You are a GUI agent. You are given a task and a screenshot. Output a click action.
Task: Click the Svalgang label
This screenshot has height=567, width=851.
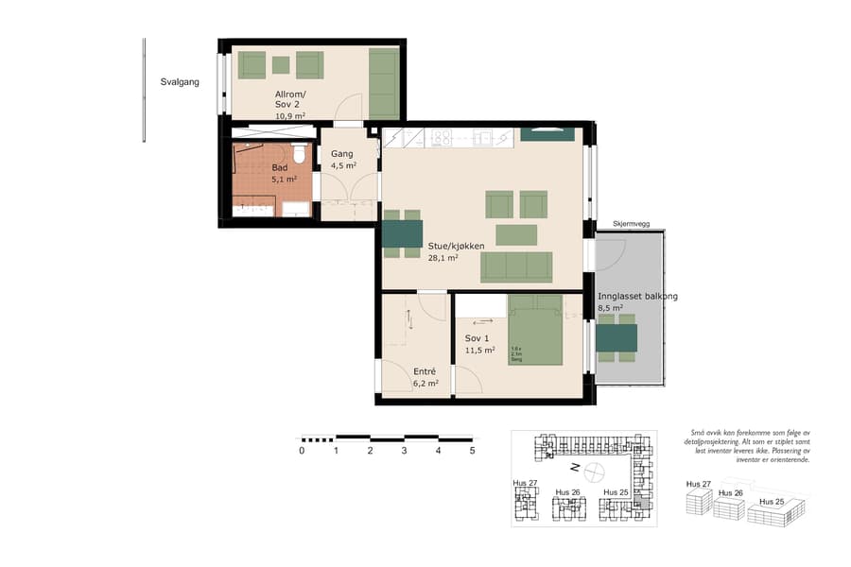180,82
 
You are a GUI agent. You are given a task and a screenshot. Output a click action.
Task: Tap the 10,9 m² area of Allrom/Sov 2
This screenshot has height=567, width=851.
290,116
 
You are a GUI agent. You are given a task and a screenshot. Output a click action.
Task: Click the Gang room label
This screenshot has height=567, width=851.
341,153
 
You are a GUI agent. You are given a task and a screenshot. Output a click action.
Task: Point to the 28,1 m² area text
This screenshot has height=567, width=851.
443,257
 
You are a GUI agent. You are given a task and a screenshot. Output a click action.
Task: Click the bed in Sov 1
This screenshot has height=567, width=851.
535,331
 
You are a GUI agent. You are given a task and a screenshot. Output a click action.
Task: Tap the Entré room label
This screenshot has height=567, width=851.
424,371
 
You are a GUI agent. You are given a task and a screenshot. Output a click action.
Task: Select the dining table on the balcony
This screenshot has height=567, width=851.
617,337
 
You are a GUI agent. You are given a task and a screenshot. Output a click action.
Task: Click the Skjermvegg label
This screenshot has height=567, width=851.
631,223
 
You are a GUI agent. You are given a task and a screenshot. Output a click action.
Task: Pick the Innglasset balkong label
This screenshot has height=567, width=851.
636,296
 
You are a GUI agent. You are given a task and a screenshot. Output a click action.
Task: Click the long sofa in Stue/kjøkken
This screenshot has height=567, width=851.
516,266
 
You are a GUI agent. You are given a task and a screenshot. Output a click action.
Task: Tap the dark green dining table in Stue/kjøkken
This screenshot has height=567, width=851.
402,232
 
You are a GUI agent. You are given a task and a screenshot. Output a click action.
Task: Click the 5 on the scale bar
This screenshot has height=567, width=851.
472,451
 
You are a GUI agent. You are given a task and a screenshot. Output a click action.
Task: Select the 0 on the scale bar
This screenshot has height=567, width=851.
302,451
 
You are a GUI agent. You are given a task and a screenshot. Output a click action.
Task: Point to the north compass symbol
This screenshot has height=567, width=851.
594,470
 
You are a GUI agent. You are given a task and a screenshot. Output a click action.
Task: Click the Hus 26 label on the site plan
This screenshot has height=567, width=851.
567,492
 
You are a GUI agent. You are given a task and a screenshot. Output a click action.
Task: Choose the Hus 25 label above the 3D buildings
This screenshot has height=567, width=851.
772,501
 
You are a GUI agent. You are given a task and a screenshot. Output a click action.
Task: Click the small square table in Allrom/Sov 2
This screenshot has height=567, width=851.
281,64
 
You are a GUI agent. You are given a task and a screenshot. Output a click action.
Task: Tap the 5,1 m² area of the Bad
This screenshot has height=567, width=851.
285,179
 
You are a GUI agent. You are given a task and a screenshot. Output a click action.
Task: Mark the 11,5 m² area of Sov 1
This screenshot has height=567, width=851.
479,351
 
